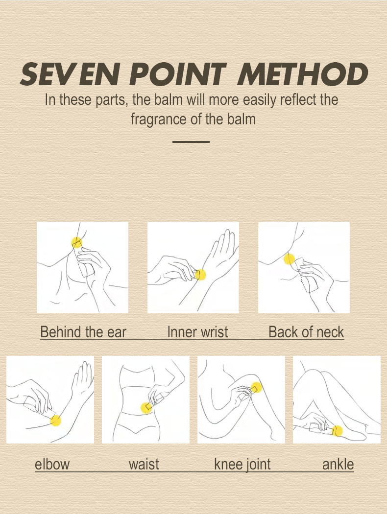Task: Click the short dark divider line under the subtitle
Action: point(191,141)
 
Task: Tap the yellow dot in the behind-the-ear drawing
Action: point(76,242)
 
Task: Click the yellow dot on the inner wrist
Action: point(200,275)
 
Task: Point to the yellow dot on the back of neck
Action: point(289,259)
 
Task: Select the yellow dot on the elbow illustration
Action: point(56,420)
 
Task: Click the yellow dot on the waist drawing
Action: point(146,407)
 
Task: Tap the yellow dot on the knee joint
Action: point(257,388)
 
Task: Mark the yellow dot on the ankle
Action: point(338,431)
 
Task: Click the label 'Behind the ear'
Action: point(83,332)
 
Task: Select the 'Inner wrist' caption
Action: point(197,332)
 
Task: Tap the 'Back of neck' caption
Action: point(306,332)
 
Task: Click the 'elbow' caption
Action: point(52,464)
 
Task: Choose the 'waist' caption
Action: point(144,464)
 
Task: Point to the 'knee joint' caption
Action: point(242,465)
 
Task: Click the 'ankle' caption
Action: point(338,464)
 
